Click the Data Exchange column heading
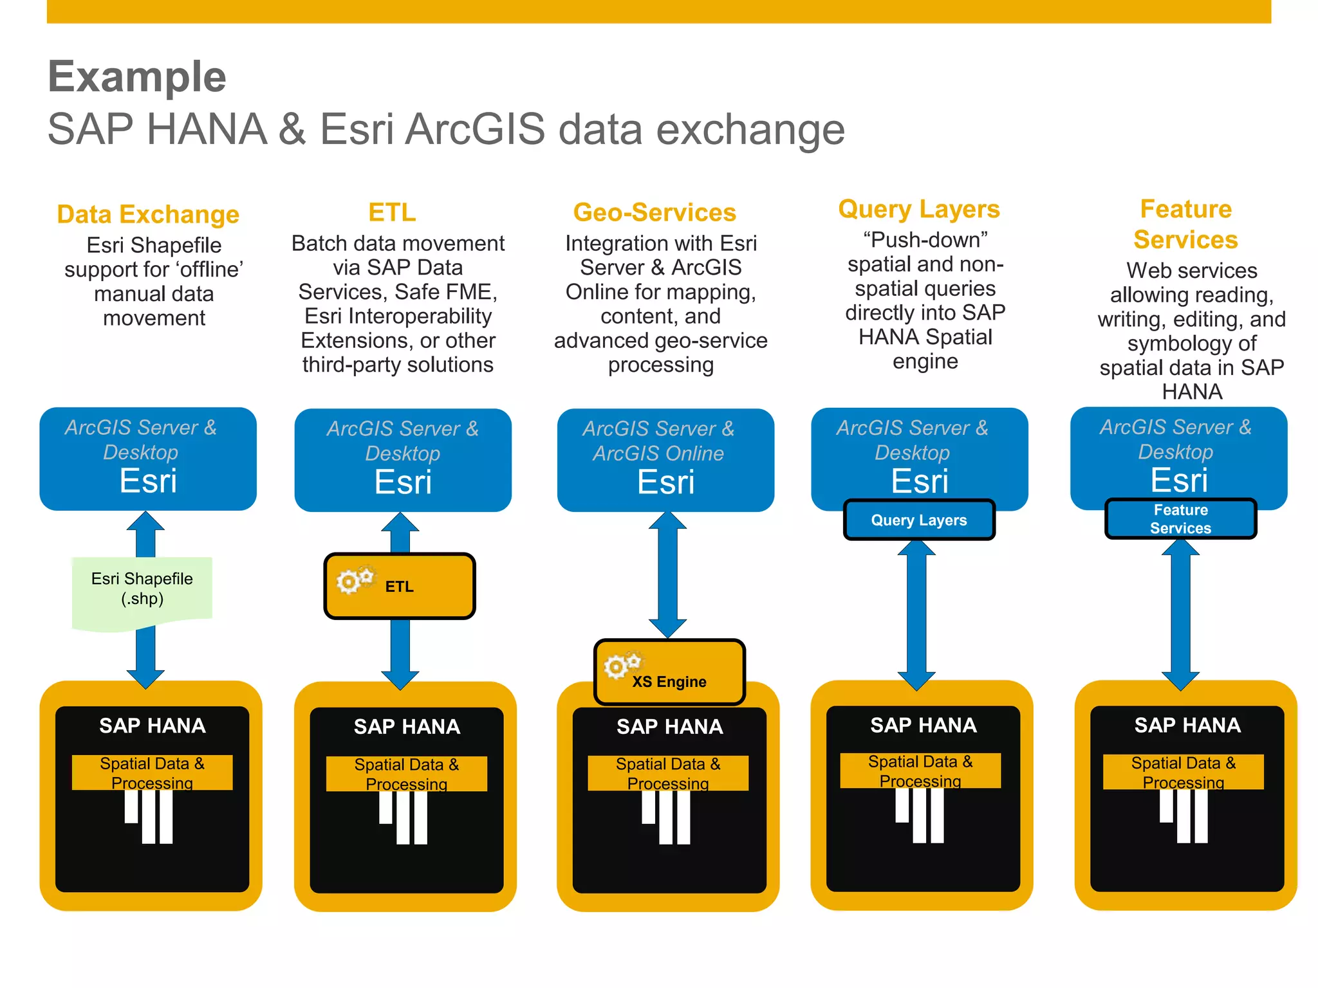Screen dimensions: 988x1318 [x=148, y=214]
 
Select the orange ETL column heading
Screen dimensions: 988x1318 [x=392, y=212]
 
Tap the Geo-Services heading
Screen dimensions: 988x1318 [x=654, y=212]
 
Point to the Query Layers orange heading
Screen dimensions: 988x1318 [x=919, y=209]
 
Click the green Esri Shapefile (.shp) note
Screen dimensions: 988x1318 [x=142, y=589]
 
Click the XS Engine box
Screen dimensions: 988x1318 [x=669, y=672]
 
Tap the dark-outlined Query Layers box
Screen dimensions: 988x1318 [x=919, y=520]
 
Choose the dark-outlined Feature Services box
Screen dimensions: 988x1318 [x=1180, y=519]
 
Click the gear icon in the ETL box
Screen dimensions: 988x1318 [x=353, y=580]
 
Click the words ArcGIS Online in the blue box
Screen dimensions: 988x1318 [x=658, y=453]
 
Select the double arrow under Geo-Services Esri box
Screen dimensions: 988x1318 [x=667, y=576]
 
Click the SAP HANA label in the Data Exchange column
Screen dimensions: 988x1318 [x=153, y=726]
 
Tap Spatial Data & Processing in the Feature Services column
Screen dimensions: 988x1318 [x=1183, y=772]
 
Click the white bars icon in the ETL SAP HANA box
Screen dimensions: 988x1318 [x=404, y=817]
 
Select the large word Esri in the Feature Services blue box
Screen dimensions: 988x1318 [x=1179, y=480]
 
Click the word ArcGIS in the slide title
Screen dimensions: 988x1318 [x=476, y=129]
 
